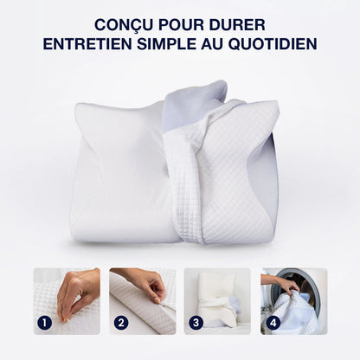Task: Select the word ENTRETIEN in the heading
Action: click(89, 43)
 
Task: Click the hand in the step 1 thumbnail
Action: click(79, 286)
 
